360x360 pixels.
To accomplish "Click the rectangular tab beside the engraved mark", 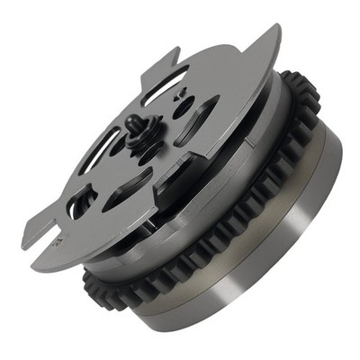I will click(x=49, y=243).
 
